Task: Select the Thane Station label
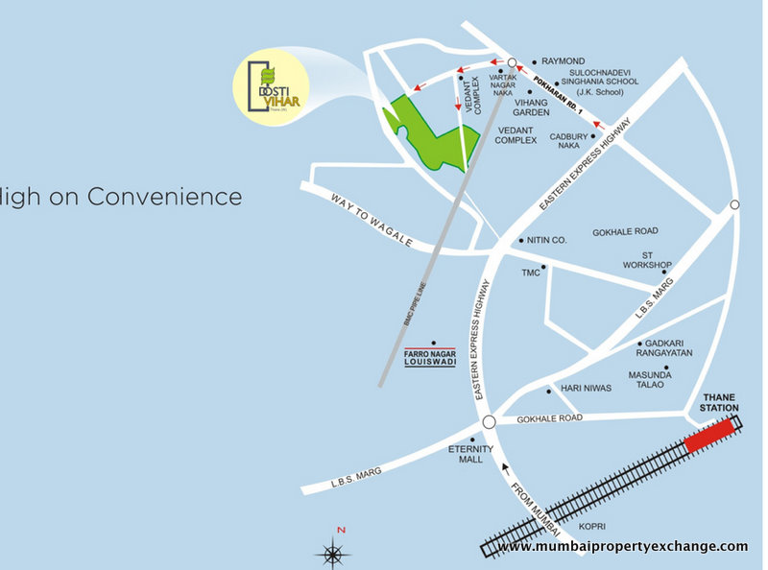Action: click(x=721, y=402)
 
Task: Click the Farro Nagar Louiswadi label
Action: click(x=430, y=361)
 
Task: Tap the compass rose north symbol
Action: click(x=332, y=552)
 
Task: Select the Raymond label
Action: click(x=564, y=59)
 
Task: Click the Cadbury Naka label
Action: click(x=568, y=141)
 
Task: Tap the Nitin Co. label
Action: click(x=548, y=241)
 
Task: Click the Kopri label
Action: click(x=592, y=526)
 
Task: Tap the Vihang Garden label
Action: click(x=530, y=107)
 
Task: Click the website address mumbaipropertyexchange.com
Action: click(x=622, y=546)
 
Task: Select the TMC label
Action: click(x=531, y=273)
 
